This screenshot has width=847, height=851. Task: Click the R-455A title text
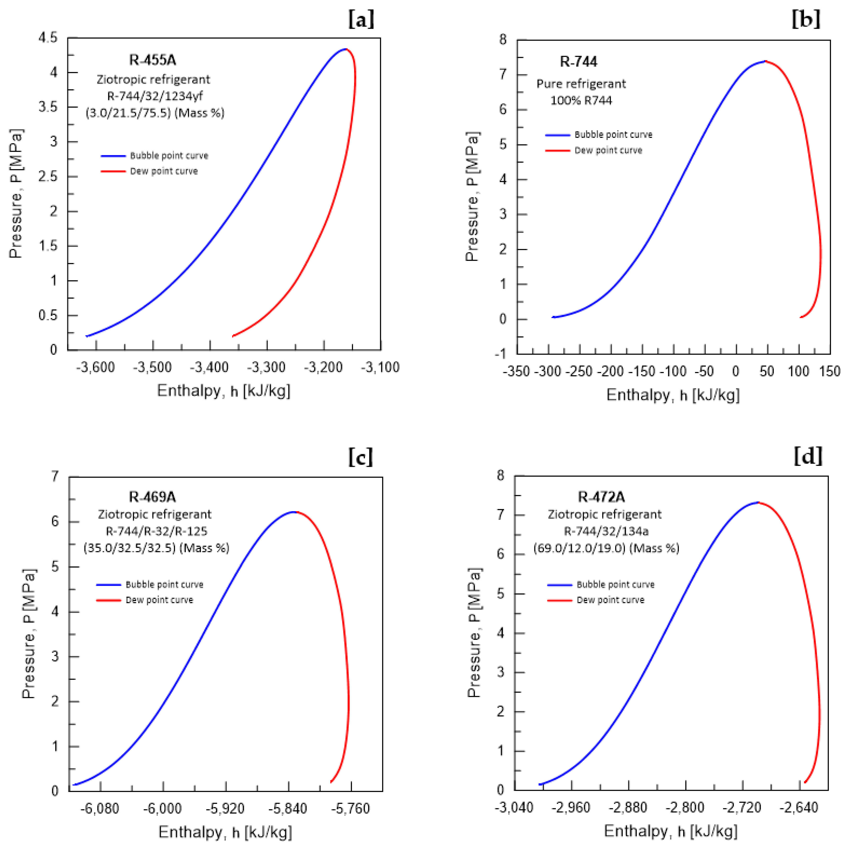click(152, 60)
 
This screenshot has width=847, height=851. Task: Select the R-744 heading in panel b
click(578, 62)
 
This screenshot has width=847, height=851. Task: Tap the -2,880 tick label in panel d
click(628, 807)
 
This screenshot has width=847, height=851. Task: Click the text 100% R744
click(581, 100)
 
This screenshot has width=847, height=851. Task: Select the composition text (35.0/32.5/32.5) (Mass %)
click(156, 548)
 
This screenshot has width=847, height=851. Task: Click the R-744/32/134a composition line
click(606, 531)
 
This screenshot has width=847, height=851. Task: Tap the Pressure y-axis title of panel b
click(472, 196)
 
